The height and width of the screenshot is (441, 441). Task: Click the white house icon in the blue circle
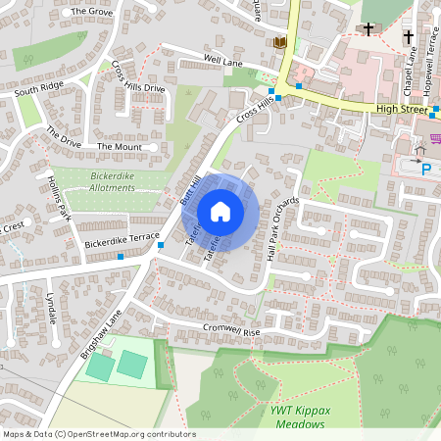220,212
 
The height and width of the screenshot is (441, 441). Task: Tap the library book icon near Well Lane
280,42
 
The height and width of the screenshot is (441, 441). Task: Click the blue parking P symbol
426,169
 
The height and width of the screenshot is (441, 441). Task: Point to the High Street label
402,111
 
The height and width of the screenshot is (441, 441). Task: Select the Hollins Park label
59,197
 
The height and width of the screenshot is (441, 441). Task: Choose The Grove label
93,12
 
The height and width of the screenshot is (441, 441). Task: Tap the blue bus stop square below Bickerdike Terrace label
121,256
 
